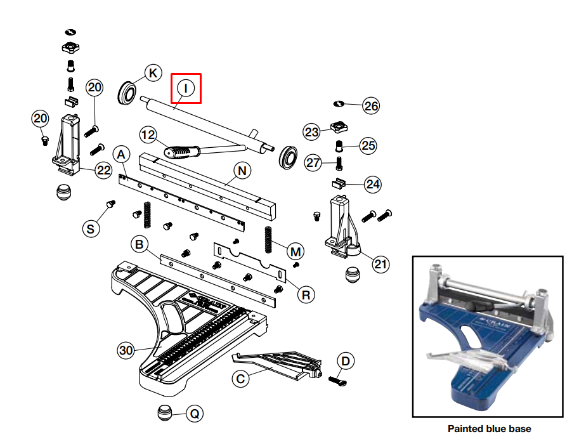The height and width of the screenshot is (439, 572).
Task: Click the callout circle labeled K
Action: tap(152, 73)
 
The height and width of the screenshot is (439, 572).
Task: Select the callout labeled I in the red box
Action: tap(186, 88)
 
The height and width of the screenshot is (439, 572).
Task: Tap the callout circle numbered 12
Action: tap(148, 134)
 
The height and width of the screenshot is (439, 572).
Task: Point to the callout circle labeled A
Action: tap(122, 154)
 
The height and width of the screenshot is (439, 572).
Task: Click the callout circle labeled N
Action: tap(242, 170)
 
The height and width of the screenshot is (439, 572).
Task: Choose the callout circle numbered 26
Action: tap(371, 106)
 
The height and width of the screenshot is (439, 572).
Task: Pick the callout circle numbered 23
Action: tap(311, 132)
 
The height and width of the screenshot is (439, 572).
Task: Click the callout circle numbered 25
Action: tap(368, 145)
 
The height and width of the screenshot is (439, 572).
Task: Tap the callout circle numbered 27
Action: tap(314, 162)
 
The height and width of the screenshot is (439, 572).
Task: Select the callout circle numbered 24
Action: tap(372, 185)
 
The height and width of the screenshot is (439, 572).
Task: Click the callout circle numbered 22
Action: tap(104, 169)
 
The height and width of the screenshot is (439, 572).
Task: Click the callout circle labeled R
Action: tap(306, 294)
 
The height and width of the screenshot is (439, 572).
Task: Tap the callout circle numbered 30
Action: tap(126, 350)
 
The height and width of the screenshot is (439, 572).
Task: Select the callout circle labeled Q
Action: tap(195, 414)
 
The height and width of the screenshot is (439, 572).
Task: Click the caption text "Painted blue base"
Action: tap(489, 429)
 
